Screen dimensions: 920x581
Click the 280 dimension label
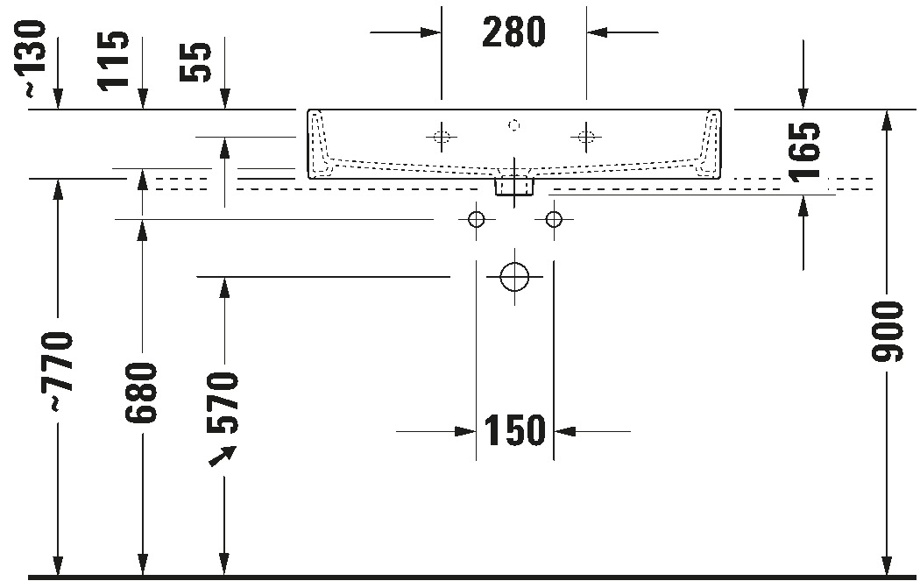[513, 32]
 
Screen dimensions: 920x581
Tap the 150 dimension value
[514, 431]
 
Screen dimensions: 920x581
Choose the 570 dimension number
[223, 402]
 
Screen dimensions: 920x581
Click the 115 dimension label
[114, 60]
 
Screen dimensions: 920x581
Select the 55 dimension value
[195, 62]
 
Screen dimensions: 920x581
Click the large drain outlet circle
[514, 277]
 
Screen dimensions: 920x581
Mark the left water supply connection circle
[477, 219]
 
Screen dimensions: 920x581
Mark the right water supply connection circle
[553, 219]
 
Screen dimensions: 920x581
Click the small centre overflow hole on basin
[514, 125]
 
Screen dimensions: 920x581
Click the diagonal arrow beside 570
[223, 457]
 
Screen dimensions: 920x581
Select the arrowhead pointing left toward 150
[564, 431]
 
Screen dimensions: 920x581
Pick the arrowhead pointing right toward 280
[431, 32]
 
